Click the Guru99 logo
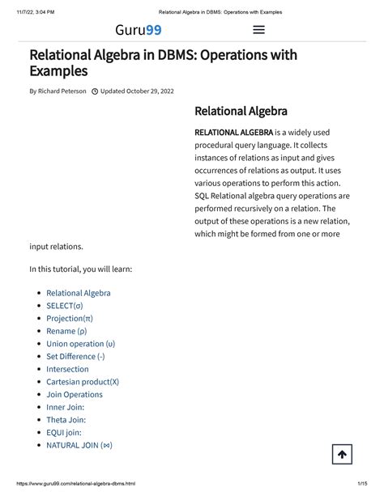(x=138, y=31)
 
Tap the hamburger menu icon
(x=259, y=31)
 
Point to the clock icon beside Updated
(x=96, y=91)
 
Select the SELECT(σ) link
(x=65, y=306)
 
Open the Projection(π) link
(x=70, y=319)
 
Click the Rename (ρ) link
(x=66, y=331)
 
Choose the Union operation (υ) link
(x=80, y=344)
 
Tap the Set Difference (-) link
(x=75, y=356)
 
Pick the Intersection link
(x=67, y=369)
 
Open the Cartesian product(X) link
(x=83, y=382)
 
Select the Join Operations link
(x=75, y=394)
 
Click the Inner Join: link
(x=65, y=407)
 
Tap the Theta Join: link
(x=66, y=420)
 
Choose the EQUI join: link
(x=64, y=432)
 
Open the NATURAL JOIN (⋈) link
(x=79, y=445)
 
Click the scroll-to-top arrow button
(x=342, y=455)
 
